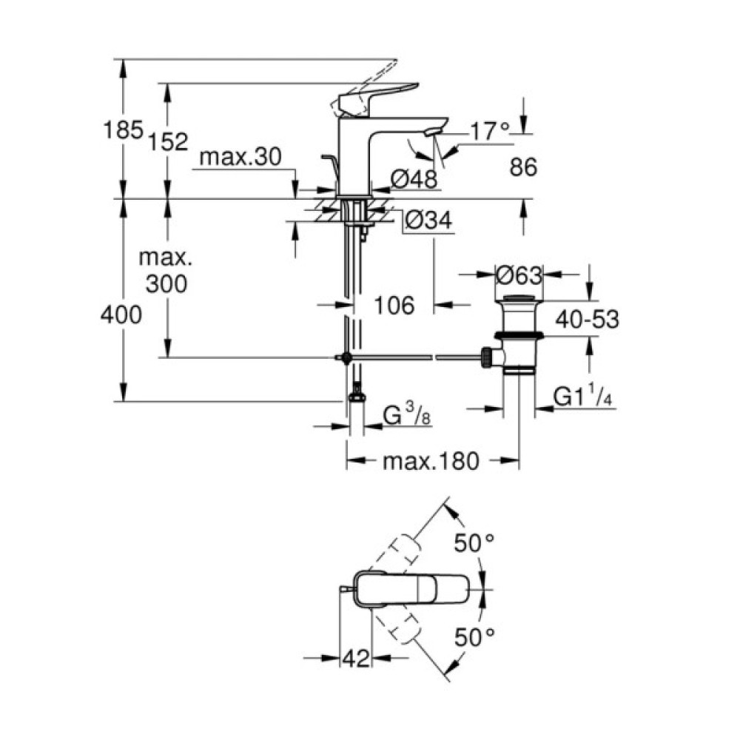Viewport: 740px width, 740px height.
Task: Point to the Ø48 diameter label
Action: point(414,178)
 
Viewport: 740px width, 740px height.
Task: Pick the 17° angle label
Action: point(491,132)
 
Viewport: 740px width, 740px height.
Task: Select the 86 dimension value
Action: point(522,167)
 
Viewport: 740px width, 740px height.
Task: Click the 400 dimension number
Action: point(122,315)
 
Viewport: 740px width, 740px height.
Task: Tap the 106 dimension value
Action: point(392,305)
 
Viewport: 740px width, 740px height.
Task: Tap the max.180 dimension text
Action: point(431,462)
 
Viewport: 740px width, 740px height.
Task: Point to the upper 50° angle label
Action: point(473,542)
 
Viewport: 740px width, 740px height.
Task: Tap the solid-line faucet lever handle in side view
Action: point(377,93)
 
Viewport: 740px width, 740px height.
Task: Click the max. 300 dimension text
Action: point(166,271)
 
